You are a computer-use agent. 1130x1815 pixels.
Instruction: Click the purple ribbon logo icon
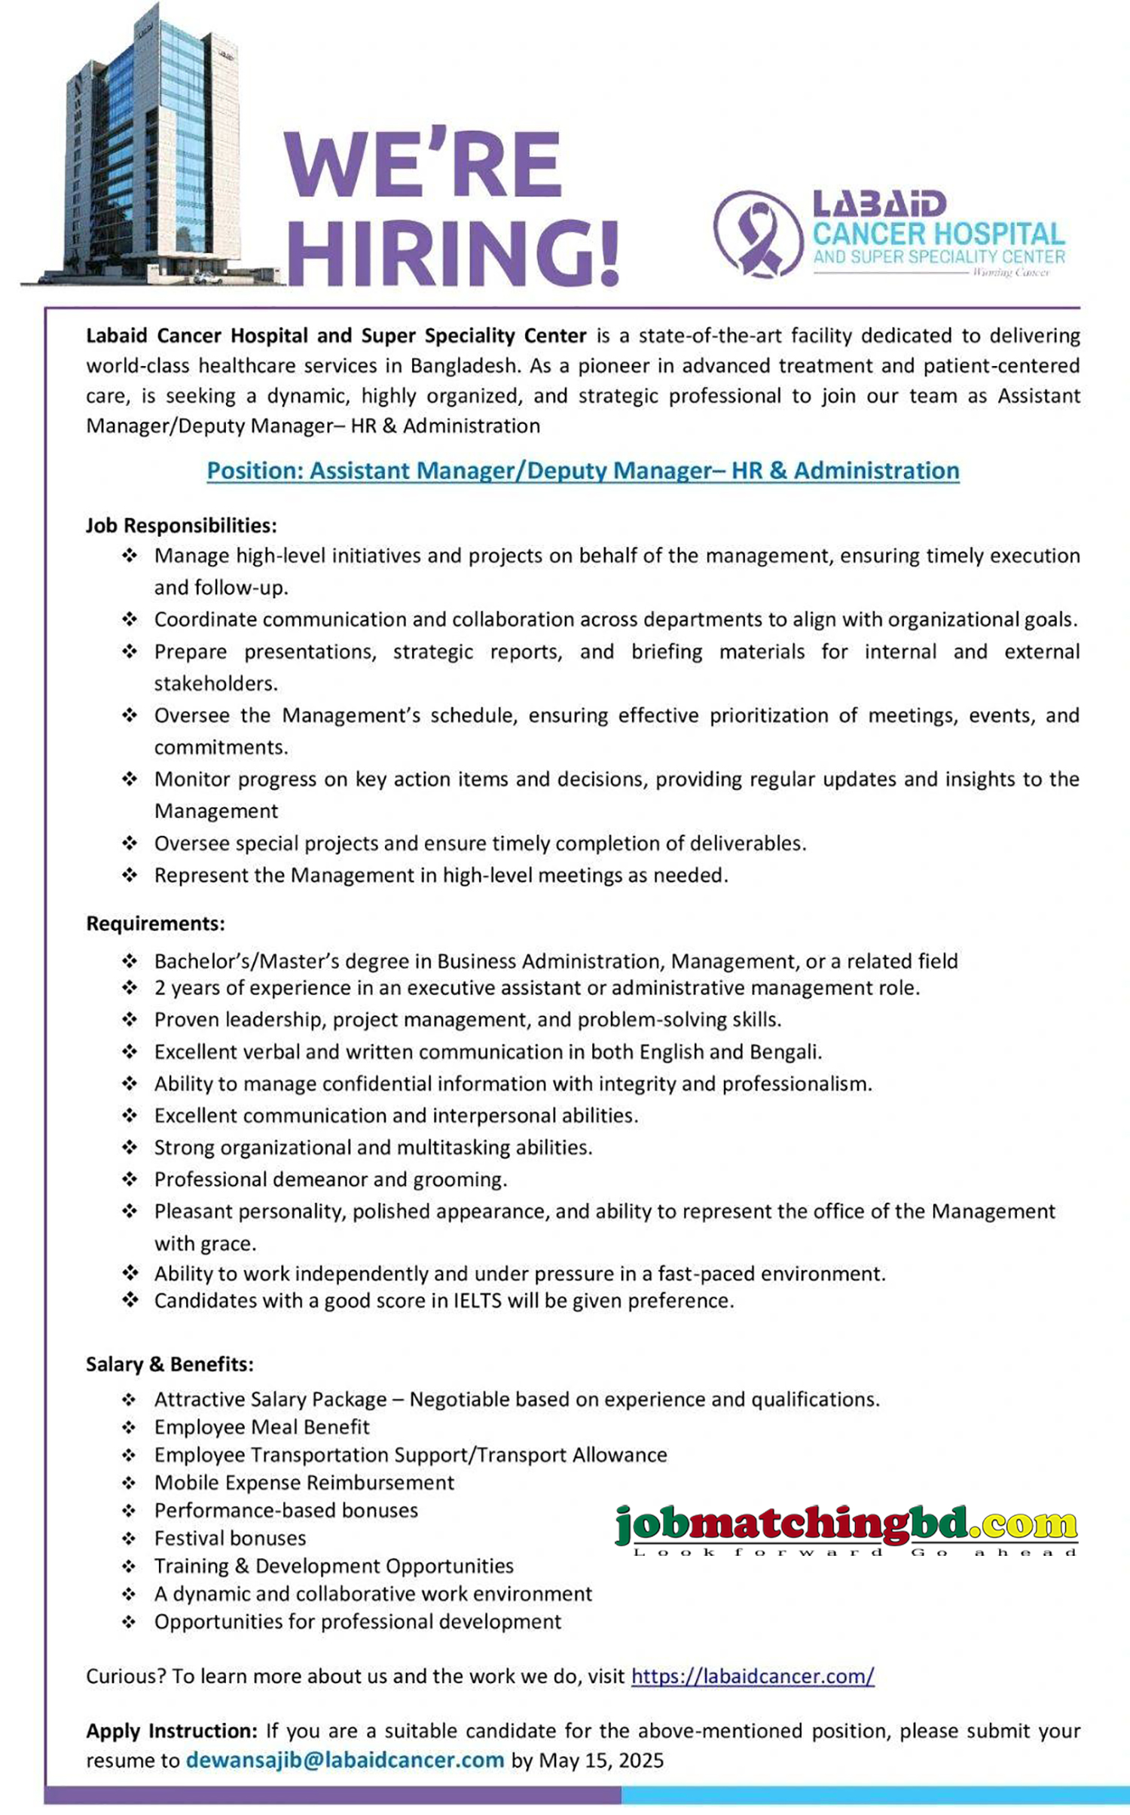coord(758,234)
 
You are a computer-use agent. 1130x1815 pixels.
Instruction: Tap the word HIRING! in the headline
coord(453,254)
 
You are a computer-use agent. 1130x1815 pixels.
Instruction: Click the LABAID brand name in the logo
coord(879,204)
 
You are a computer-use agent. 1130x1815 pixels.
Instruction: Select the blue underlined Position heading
coord(583,471)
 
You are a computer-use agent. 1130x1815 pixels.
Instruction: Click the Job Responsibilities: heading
coord(181,525)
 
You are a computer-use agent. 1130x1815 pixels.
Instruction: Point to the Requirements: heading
coord(155,923)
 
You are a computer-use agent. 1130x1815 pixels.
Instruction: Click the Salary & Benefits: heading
coord(169,1364)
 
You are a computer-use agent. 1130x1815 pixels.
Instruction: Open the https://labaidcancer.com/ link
coord(752,1676)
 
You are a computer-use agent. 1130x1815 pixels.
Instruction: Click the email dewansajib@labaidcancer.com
coord(345,1760)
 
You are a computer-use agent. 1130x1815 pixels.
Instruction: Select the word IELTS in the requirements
coord(478,1301)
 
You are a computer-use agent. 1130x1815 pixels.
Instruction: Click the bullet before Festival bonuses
coord(129,1538)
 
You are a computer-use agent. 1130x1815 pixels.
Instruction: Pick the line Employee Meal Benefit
coord(261,1426)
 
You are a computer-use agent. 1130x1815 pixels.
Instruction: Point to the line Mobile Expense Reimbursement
coord(304,1482)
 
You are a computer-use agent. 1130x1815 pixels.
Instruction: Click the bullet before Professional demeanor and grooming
coord(130,1179)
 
